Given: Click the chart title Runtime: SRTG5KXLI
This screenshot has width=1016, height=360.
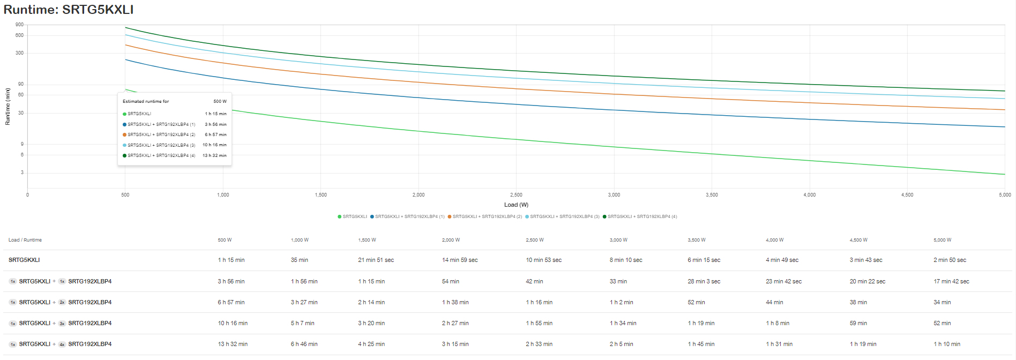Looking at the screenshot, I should pyautogui.click(x=69, y=10).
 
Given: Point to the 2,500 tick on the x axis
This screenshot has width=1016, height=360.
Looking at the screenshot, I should pyautogui.click(x=516, y=195).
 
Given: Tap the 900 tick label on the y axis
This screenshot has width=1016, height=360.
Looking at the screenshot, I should pyautogui.click(x=20, y=25).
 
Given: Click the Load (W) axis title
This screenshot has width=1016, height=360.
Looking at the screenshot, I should pyautogui.click(x=516, y=205).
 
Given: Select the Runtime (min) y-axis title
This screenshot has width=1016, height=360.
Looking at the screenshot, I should pyautogui.click(x=8, y=107).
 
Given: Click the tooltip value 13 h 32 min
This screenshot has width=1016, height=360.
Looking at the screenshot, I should pyautogui.click(x=214, y=155).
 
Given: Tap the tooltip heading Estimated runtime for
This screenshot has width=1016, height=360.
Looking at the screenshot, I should pyautogui.click(x=146, y=101).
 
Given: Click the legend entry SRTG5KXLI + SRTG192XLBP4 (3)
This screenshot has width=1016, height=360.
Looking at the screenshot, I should pyautogui.click(x=563, y=216).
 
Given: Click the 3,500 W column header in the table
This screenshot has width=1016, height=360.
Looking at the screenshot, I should pyautogui.click(x=697, y=240).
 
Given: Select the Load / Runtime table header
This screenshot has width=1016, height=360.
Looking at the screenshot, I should pyautogui.click(x=25, y=240).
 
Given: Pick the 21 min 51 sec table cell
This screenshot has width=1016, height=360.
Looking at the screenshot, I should pyautogui.click(x=376, y=260).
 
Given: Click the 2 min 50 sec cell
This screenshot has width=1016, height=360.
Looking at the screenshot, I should pyautogui.click(x=950, y=260).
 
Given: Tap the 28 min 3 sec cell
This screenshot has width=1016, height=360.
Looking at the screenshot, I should pyautogui.click(x=704, y=281).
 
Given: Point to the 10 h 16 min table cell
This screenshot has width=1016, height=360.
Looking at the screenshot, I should pyautogui.click(x=233, y=323).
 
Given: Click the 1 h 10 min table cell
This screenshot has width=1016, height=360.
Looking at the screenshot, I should pyautogui.click(x=947, y=344).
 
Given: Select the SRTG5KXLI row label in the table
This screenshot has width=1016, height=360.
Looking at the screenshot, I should pyautogui.click(x=24, y=260).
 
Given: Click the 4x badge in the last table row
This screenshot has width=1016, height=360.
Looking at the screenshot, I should pyautogui.click(x=62, y=344).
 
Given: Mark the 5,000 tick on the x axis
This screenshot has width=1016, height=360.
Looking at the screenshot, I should pyautogui.click(x=1005, y=195).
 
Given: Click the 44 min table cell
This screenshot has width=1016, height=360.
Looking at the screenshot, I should pyautogui.click(x=774, y=302).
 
